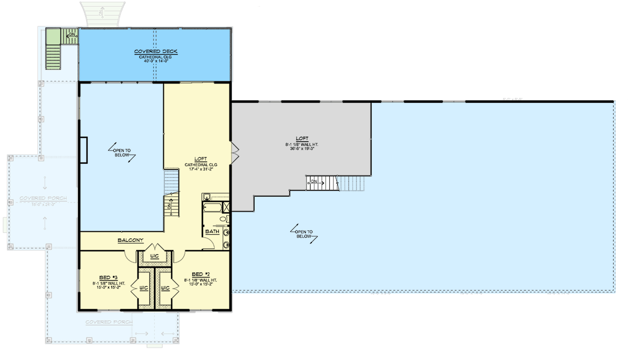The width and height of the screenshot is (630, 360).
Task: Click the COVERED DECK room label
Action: point(156,51)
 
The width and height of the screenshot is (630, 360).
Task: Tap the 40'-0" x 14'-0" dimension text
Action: point(156,61)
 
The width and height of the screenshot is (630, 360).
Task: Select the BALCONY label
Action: point(130,240)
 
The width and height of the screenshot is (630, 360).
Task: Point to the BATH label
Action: point(212,231)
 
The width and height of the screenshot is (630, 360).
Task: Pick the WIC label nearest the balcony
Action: point(154,256)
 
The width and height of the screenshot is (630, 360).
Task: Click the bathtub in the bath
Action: point(213,207)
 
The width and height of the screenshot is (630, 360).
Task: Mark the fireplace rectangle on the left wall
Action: point(83,151)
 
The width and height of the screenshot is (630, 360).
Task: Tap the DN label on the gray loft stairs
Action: point(314,182)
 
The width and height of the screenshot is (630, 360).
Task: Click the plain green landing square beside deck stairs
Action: point(52,37)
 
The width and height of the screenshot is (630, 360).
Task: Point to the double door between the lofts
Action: point(235,150)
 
